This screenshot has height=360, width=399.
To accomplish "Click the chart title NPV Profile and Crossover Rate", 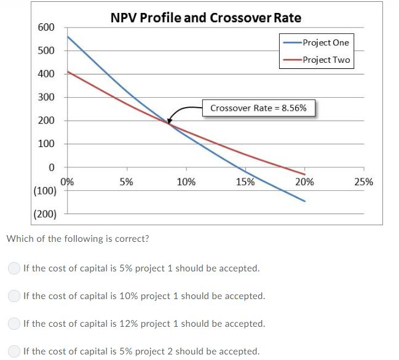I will (x=206, y=17).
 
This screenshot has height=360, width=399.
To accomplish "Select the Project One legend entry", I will (x=325, y=42).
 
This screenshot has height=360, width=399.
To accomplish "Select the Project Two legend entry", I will (x=325, y=60).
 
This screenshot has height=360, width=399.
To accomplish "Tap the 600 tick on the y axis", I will (x=47, y=28).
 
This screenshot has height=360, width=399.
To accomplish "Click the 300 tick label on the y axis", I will (x=47, y=97).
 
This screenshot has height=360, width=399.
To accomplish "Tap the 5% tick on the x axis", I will (x=127, y=182).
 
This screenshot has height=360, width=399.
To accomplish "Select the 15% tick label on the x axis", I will (x=245, y=182).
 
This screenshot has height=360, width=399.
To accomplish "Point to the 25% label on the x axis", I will (x=363, y=182).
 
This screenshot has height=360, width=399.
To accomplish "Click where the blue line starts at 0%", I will (x=68, y=37).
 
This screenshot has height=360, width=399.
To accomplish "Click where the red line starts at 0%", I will (x=68, y=72).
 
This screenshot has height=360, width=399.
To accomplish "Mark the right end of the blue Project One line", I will (x=304, y=201).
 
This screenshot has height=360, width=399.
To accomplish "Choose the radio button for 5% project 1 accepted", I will (x=13, y=268).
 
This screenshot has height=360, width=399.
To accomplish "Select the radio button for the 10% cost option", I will (x=13, y=296).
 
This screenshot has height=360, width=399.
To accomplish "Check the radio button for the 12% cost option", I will (x=13, y=324).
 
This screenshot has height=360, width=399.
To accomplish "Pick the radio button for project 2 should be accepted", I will (x=13, y=351).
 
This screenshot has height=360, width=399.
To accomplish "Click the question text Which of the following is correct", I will (x=77, y=239).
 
